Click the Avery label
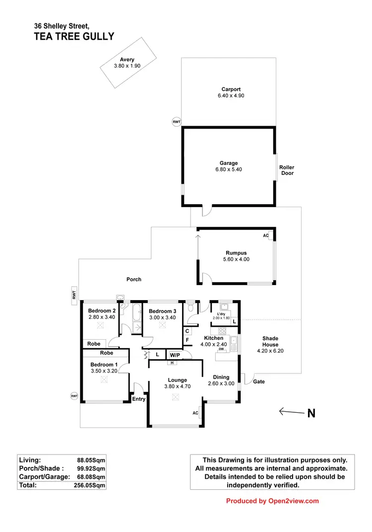(121, 60)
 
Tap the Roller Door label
(287, 170)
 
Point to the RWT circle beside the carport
(176, 122)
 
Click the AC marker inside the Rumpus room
(266, 235)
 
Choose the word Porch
(134, 279)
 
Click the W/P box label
(174, 355)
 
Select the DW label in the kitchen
(221, 349)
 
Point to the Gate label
(259, 381)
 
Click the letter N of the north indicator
(311, 413)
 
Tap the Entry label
(138, 399)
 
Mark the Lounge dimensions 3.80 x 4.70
(175, 385)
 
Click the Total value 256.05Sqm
(89, 485)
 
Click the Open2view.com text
(293, 501)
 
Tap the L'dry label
(221, 313)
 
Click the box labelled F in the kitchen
(187, 340)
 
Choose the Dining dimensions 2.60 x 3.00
(221, 383)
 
